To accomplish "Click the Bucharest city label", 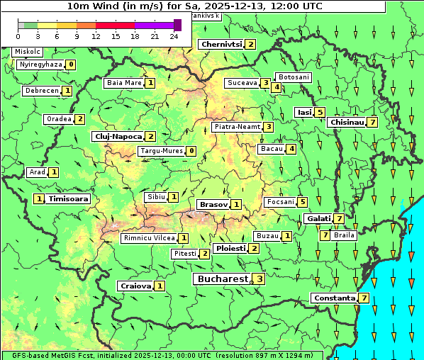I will pos(223,279).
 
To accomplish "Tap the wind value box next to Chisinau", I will pos(372,122).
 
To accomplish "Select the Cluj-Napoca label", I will pos(118,136).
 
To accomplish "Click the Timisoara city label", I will pos(69,199).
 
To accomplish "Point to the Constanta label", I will pos(334,298).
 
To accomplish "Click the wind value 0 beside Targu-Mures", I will pos(191,151).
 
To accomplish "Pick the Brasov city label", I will pos(213,204).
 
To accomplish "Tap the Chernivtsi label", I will pos(221,44).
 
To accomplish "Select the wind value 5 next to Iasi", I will pos(320,112).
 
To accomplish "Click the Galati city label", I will pos(318,218).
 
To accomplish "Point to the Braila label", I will pos(344,235).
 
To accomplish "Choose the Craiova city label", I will pos(135,286).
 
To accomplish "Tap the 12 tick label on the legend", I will pos(96,35).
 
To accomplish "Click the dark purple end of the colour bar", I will pos(177,25).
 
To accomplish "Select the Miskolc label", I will pos(28,52).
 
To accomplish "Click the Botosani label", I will pos(293,77).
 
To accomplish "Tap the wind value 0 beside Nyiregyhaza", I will pos(71,64).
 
